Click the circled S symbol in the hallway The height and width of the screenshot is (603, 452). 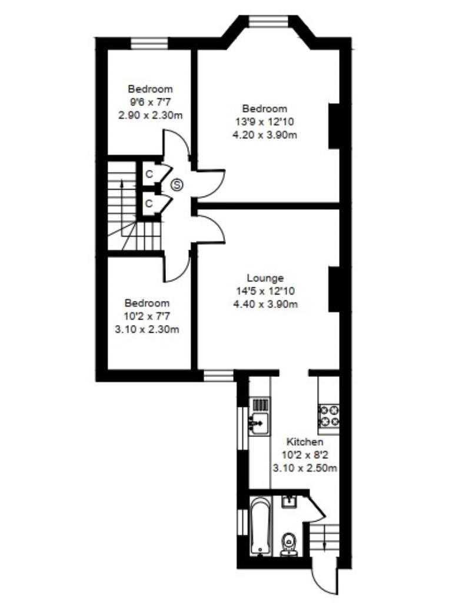coord(177,185)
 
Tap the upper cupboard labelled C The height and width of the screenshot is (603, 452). coord(149,174)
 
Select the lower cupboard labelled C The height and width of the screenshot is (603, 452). coord(149,203)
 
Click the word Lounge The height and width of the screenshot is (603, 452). coord(265,278)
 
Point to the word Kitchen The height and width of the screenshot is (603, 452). coord(304,442)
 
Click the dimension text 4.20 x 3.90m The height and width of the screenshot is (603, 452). coord(265,134)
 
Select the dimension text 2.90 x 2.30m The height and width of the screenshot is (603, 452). coord(151,115)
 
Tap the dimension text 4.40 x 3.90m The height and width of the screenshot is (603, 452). coord(265,304)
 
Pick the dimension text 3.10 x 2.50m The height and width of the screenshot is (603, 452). coord(304,468)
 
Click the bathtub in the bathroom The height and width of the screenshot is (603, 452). coord(260,526)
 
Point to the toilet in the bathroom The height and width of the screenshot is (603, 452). coord(288,543)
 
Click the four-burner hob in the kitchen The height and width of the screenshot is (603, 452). coord(328,415)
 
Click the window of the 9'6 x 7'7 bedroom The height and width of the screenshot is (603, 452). coord(149,42)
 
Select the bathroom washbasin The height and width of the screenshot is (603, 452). coord(289,502)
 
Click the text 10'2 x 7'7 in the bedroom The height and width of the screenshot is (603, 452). coord(147,316)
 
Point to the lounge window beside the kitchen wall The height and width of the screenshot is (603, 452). coord(218,374)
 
